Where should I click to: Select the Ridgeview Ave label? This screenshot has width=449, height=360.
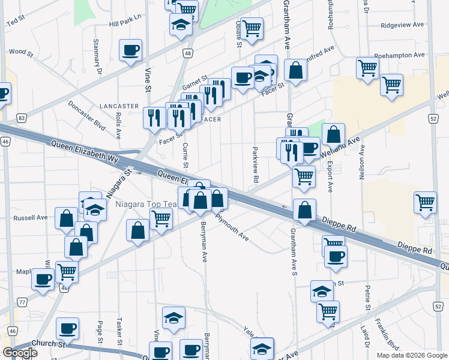[x=403, y=25]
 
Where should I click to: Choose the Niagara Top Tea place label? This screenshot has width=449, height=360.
[x=146, y=205]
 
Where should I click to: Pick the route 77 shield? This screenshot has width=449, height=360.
[x=22, y=302]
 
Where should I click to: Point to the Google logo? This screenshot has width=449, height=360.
[x=20, y=353]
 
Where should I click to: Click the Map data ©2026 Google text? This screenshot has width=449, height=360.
[x=412, y=355]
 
